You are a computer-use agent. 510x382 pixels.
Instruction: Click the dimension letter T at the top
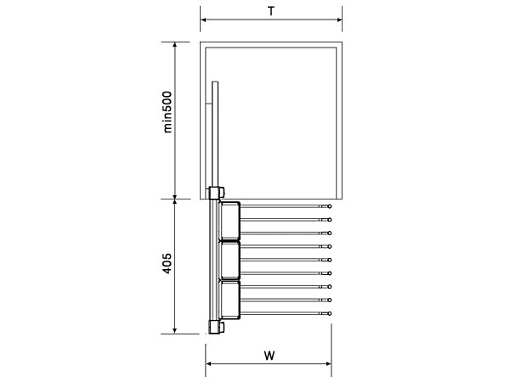tap(271, 11)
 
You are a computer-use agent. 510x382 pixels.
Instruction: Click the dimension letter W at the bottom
tap(269, 356)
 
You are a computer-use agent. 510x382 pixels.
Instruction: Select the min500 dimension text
tap(167, 112)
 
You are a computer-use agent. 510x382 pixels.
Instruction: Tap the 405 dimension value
tap(167, 263)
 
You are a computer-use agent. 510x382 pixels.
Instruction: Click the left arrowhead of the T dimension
tap(203, 20)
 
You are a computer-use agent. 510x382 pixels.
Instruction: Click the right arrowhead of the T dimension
tap(339, 20)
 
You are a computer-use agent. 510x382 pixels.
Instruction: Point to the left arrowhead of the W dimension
tap(208, 363)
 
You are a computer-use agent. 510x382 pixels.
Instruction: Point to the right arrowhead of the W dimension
tap(328, 363)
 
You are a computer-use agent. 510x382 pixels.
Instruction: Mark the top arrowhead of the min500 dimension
tap(174, 45)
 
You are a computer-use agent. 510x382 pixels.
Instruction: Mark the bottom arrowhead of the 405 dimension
tap(174, 331)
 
